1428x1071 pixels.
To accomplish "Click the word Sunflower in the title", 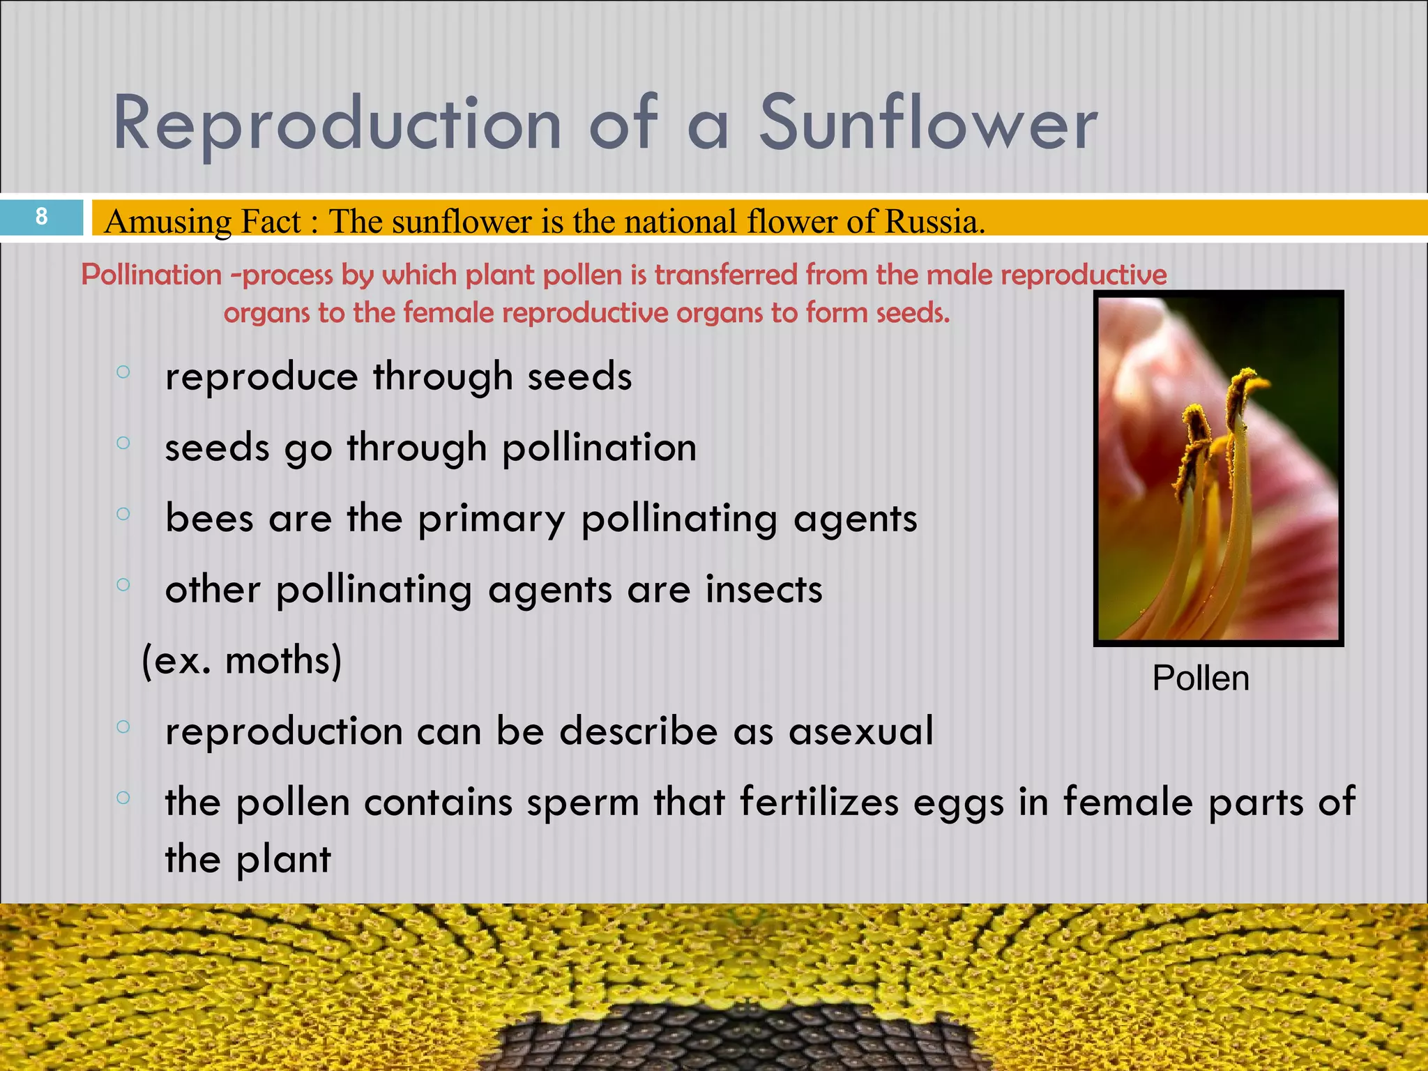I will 927,124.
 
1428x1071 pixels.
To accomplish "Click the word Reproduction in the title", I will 337,124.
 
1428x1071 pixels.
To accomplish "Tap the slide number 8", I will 42,217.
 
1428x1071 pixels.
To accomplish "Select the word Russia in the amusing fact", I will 934,222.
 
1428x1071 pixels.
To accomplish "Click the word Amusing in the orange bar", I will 167,222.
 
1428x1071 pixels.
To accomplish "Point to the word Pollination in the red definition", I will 151,275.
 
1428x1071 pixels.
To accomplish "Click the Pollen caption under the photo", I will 1200,678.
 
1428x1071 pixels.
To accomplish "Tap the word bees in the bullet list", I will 209,519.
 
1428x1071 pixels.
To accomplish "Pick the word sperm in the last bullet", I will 583,803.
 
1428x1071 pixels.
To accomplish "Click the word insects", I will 764,590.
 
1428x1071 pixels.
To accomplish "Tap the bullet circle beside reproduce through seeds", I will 123,372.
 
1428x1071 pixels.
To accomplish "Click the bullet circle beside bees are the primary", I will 123,515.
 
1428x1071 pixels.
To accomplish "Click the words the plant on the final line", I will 248,859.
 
